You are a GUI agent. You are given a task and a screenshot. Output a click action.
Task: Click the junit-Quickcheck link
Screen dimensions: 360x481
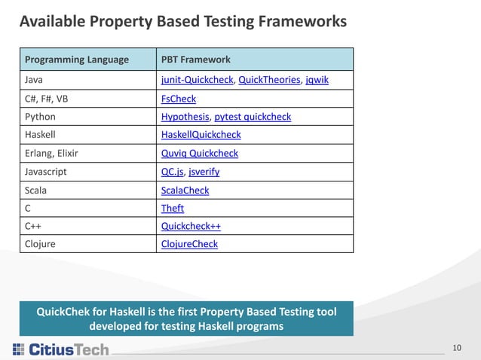(x=197, y=81)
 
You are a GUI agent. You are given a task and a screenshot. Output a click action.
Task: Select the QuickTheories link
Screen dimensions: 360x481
(x=269, y=81)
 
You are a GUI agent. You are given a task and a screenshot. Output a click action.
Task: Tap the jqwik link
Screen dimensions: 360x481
(x=317, y=81)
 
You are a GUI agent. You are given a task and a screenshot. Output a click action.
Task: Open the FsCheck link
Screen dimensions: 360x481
(x=179, y=99)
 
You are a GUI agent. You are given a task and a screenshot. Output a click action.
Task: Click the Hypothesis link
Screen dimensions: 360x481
(x=185, y=117)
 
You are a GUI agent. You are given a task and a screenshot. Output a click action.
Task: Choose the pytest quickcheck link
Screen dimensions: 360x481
(x=253, y=117)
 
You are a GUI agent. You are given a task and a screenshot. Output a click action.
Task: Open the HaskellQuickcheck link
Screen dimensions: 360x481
(x=201, y=135)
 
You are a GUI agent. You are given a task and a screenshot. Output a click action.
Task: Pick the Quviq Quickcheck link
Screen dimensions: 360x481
(x=199, y=153)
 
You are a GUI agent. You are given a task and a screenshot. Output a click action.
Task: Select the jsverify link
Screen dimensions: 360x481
(x=205, y=172)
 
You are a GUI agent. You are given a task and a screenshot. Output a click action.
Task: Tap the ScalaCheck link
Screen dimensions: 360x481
(x=185, y=190)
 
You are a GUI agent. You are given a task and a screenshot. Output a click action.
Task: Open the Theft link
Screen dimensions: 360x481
(x=173, y=208)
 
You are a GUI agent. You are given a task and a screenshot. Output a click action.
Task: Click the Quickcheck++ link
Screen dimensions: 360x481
(x=191, y=226)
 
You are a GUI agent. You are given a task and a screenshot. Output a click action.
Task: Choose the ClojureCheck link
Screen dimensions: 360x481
(x=189, y=244)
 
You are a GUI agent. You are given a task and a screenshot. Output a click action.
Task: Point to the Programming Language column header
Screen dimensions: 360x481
(x=77, y=59)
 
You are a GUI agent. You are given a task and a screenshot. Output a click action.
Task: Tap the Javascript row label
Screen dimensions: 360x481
(x=46, y=172)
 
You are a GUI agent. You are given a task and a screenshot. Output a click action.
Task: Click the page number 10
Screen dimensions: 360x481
(x=457, y=347)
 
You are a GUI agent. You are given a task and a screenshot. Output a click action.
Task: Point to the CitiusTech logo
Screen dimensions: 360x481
(x=61, y=349)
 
